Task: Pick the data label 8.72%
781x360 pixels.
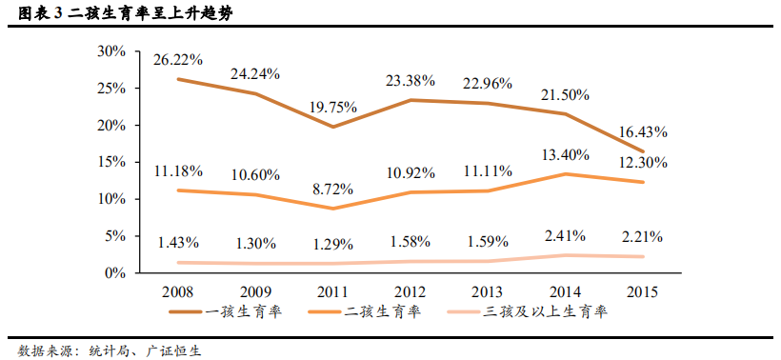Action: (333, 190)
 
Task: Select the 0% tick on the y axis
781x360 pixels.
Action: (115, 273)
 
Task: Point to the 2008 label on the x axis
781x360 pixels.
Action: (178, 291)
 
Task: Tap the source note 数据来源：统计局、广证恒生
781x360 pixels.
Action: (110, 349)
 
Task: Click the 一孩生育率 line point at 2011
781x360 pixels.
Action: (332, 127)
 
